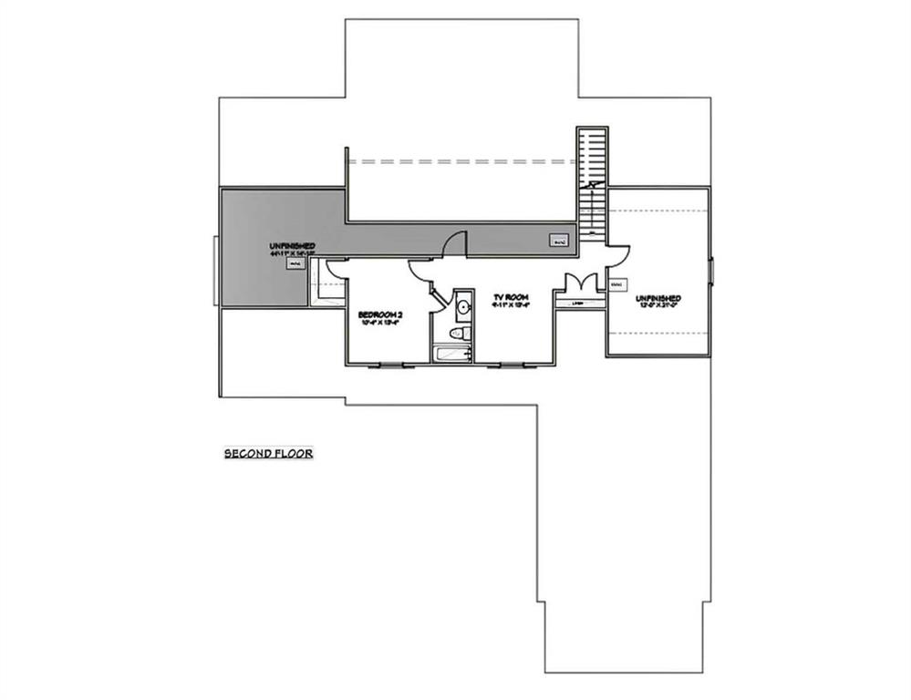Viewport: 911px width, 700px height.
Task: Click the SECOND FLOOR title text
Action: tap(269, 452)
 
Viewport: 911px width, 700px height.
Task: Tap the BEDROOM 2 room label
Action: tap(382, 314)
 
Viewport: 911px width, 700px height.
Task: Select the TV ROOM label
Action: tap(512, 298)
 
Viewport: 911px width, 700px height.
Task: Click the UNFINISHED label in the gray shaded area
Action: tap(292, 247)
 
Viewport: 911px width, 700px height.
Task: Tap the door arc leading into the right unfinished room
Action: tap(618, 256)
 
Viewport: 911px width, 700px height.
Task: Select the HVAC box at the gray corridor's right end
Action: tap(559, 241)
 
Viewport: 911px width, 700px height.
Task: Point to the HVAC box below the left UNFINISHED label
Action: tap(295, 264)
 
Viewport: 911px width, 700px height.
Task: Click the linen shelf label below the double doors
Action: tap(577, 304)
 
